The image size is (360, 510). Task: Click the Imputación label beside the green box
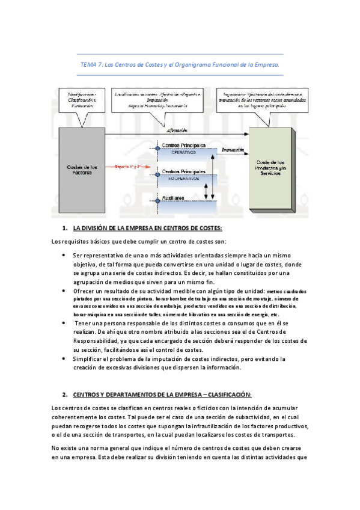(x=232, y=150)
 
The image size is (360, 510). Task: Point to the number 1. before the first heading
(x=65, y=229)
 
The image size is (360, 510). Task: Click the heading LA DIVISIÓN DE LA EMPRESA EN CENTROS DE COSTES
(x=147, y=229)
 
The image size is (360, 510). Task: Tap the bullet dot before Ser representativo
(x=64, y=255)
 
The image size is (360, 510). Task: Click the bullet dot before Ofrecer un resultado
(x=64, y=290)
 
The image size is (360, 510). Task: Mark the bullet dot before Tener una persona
(x=64, y=324)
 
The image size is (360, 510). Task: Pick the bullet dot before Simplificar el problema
(x=64, y=358)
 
